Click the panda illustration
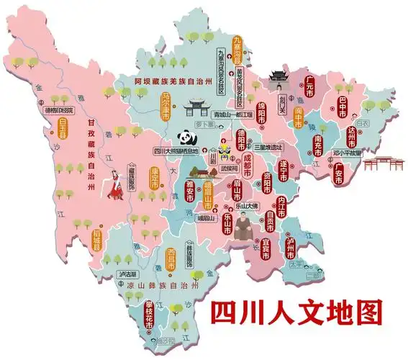(185, 139)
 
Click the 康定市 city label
(154, 178)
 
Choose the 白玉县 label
(52, 133)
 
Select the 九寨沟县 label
(240, 43)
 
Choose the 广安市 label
(337, 174)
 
